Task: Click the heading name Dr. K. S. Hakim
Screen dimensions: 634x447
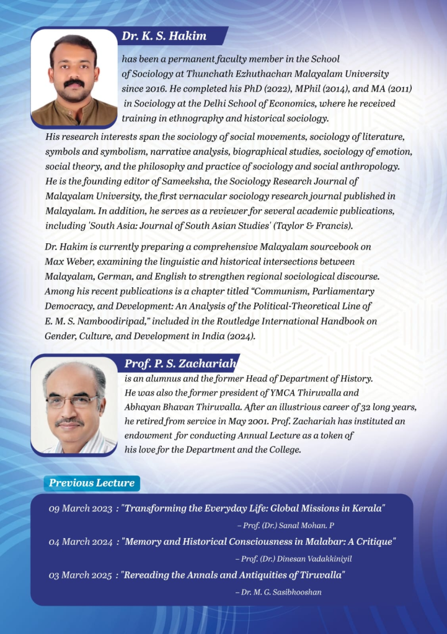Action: coord(164,36)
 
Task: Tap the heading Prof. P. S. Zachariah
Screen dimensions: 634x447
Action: coord(180,363)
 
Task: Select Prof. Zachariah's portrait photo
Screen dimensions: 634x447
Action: coord(74,406)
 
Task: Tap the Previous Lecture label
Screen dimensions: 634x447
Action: coord(92,483)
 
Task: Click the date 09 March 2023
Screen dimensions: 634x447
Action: coord(80,508)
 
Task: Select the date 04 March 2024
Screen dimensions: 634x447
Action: coord(80,542)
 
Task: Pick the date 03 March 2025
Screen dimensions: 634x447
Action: coord(80,575)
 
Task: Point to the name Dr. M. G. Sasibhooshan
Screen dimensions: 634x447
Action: coord(282,592)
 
